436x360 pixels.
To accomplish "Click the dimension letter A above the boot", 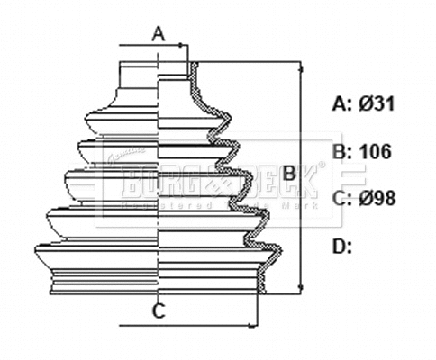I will point(159,35).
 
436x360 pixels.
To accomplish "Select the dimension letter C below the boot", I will point(157,312).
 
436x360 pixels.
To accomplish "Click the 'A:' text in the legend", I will point(341,104).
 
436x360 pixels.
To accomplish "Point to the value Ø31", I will point(377,104).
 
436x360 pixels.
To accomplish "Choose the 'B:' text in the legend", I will point(341,151).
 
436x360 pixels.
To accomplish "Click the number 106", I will point(376,151).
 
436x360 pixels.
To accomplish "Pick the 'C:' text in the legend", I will point(341,198).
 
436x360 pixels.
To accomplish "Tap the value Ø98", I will point(377,198).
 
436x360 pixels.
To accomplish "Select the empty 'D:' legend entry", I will point(341,245).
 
